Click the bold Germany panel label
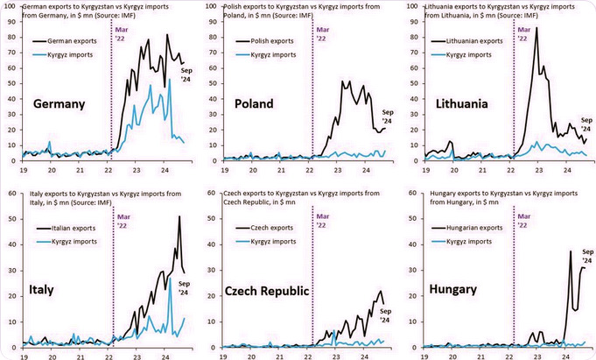tap(59, 104)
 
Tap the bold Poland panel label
tap(256, 104)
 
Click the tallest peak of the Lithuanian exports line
tap(536, 28)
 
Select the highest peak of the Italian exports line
tap(179, 216)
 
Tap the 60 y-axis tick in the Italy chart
tap(9, 194)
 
